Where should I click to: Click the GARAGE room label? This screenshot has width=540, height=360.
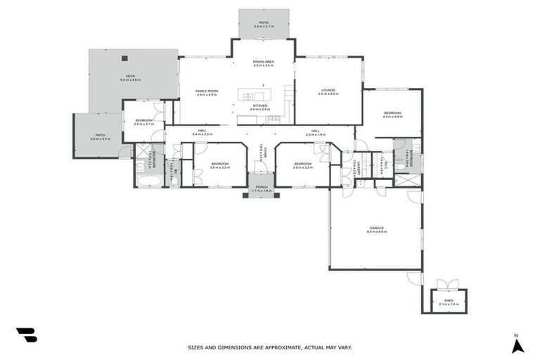376,227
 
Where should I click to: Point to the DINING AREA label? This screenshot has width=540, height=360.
264,62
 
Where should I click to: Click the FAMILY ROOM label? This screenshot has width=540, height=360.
207,91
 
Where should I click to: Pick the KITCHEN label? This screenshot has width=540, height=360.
260,105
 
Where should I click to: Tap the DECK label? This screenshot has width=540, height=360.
130,76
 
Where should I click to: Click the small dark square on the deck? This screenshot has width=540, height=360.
124,58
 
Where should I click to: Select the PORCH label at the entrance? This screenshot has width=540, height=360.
262,187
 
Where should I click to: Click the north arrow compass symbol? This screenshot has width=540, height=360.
517,345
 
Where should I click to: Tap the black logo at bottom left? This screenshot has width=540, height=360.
27,335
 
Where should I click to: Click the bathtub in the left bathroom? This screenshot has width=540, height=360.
148,181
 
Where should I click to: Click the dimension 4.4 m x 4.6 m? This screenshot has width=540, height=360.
392,117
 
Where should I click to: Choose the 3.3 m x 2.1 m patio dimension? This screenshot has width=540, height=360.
264,26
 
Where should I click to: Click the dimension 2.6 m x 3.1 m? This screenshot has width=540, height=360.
143,124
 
